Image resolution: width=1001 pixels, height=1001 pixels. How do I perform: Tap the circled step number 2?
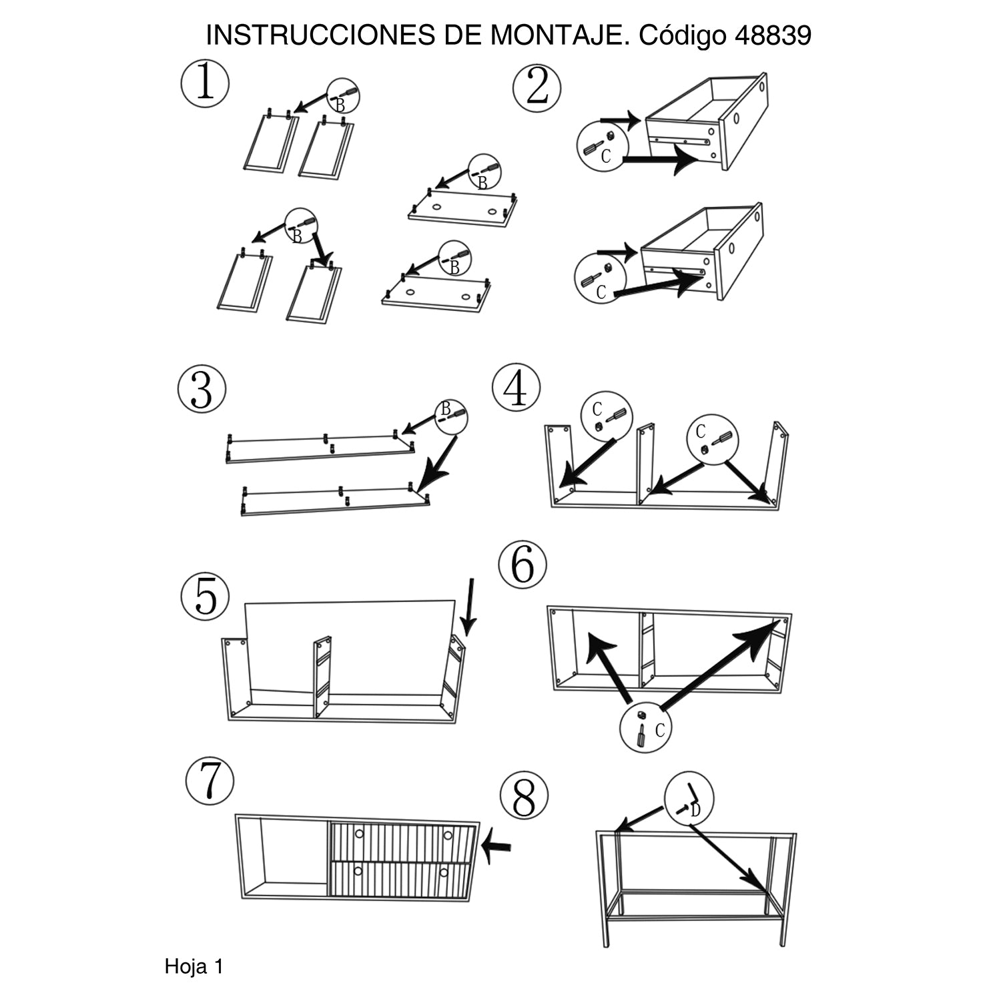tap(537, 89)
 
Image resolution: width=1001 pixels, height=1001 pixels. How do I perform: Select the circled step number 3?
tap(202, 389)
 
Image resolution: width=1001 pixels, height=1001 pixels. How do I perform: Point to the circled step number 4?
tap(516, 389)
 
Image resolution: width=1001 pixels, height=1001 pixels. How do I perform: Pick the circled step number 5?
tap(206, 596)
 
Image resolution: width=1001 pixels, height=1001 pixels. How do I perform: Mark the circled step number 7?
tap(210, 781)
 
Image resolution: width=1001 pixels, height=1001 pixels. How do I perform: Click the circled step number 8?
tap(524, 797)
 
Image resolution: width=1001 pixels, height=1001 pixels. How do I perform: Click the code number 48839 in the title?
tap(773, 36)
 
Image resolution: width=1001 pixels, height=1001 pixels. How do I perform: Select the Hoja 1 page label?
tap(194, 966)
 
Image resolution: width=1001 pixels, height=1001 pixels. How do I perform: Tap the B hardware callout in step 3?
tap(451, 416)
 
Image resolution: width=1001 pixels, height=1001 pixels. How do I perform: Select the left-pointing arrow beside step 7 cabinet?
tap(496, 846)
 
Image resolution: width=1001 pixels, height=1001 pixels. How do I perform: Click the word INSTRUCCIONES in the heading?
tap(320, 36)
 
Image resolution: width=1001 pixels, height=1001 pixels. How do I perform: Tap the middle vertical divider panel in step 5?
tap(323, 677)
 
